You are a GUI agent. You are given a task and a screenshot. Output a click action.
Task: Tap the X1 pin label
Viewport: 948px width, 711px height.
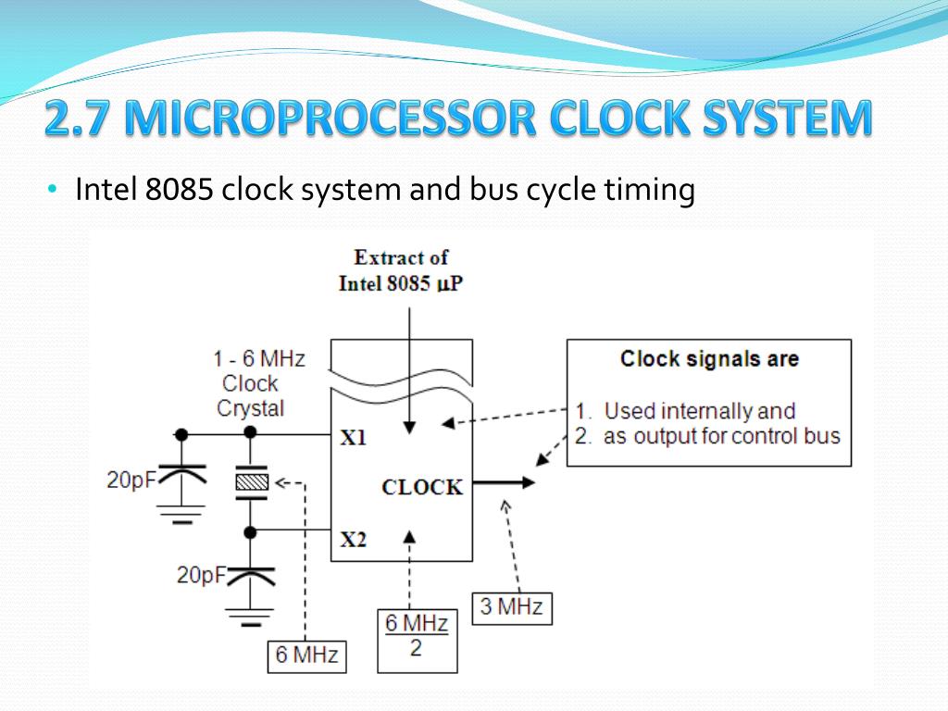pos(353,438)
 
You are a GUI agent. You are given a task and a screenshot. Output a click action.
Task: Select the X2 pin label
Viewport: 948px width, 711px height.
pos(353,538)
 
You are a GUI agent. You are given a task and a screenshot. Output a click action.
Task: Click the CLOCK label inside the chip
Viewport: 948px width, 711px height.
pos(422,487)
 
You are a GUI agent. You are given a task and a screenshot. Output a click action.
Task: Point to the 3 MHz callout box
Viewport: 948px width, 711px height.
pos(512,608)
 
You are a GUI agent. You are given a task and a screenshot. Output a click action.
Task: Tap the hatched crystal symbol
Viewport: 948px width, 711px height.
pos(250,481)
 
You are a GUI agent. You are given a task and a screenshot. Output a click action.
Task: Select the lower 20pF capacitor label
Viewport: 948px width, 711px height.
pos(201,575)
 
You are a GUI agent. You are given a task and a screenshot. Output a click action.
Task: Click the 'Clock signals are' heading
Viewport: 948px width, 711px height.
pos(709,359)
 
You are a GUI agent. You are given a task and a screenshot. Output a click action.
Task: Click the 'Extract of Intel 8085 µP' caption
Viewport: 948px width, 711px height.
pos(401,270)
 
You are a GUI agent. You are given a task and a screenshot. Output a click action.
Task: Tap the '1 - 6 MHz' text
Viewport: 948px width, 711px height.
pos(258,358)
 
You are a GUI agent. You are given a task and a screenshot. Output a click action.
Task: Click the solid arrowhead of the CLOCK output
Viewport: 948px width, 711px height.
pos(527,482)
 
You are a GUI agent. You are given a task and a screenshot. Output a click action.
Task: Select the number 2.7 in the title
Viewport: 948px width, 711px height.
pos(81,119)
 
